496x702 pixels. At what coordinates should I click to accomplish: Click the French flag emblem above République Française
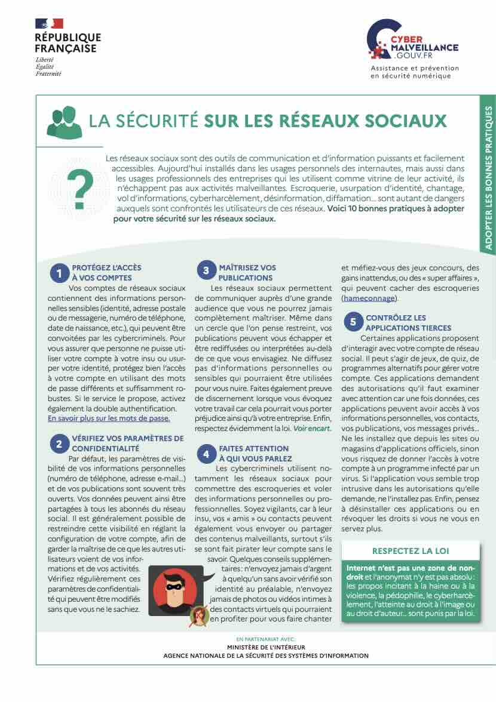pos(49,24)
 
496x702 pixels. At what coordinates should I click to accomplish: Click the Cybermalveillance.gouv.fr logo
pos(412,42)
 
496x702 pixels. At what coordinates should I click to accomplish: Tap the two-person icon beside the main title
pos(64,122)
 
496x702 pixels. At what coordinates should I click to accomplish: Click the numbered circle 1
pos(59,273)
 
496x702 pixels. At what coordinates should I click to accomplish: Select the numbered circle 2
pos(59,444)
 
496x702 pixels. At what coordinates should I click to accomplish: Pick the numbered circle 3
pos(206,270)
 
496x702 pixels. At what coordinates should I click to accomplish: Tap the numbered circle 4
pos(206,454)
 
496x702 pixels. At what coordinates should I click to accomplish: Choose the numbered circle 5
pos(353,322)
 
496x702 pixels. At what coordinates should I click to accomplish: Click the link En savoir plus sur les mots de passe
pos(109,418)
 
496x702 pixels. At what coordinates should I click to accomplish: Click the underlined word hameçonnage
pos(368,298)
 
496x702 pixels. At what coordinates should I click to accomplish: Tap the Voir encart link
pos(311,429)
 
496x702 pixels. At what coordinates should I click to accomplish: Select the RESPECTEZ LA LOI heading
pos(411,551)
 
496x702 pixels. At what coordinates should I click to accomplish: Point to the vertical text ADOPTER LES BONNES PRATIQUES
pos(488,177)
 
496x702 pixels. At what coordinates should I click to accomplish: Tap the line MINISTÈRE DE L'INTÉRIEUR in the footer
pos(266,647)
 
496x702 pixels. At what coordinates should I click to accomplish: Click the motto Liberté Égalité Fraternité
pos(44,67)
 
